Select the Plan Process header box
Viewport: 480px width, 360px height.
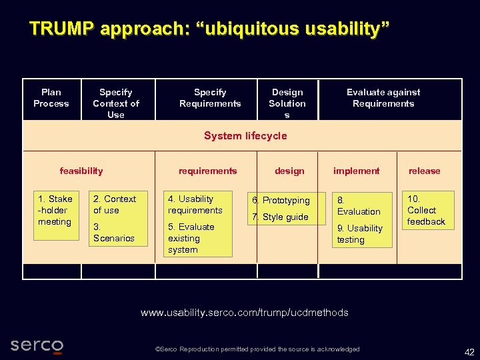click(51, 98)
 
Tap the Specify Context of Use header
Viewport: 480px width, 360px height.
click(116, 103)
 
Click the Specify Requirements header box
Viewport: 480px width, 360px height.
click(210, 98)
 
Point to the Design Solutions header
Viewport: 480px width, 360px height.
click(287, 103)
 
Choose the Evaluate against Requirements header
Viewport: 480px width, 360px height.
click(383, 98)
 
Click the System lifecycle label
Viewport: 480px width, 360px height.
click(245, 136)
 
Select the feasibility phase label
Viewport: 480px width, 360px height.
click(81, 171)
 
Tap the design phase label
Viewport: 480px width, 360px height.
click(289, 171)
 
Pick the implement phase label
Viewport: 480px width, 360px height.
click(356, 171)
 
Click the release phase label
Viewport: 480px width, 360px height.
click(425, 171)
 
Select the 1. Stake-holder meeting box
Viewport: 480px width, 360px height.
click(55, 210)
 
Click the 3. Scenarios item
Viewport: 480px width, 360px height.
click(114, 233)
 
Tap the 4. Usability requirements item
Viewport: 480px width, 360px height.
click(195, 205)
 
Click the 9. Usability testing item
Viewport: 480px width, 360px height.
click(360, 234)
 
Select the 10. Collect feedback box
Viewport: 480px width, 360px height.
click(427, 210)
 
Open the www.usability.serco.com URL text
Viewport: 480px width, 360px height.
click(244, 313)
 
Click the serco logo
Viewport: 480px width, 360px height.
click(37, 346)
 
